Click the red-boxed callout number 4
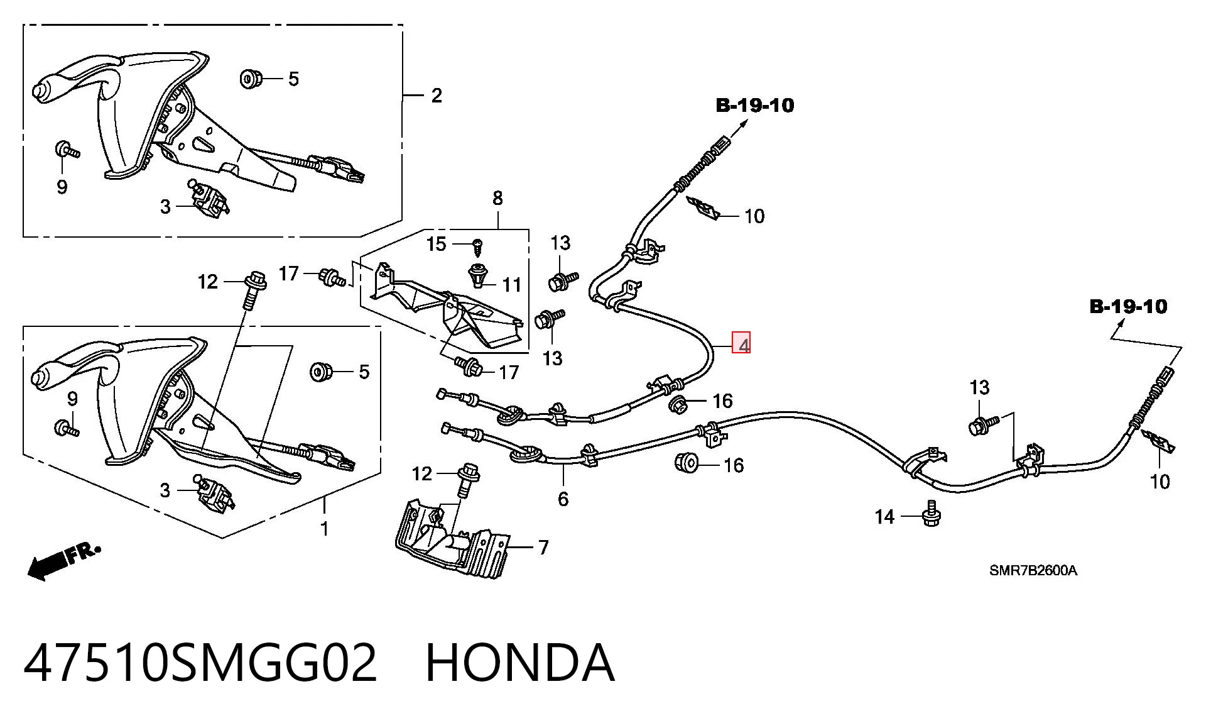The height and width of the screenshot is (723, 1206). point(742,345)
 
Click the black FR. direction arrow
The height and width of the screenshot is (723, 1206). point(63,561)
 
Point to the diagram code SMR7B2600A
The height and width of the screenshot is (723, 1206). point(1033,570)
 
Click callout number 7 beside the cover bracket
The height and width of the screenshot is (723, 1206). point(543,548)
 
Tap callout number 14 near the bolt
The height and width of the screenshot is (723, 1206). point(884,517)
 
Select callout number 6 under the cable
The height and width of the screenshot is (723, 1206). point(563,499)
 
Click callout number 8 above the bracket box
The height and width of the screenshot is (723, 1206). point(497,198)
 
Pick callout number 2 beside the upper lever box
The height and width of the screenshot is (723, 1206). point(437,96)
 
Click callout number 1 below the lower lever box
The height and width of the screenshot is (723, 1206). point(325,529)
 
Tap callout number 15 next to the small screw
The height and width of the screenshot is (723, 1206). point(436,244)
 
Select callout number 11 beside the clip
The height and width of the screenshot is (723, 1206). point(512,285)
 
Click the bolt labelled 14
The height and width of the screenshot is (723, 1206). point(932,513)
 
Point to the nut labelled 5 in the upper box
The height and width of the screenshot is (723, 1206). point(251,79)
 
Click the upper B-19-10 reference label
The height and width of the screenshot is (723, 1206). point(755,105)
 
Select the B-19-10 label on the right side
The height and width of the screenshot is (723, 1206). point(1128,307)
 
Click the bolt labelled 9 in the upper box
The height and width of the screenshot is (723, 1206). point(67,150)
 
